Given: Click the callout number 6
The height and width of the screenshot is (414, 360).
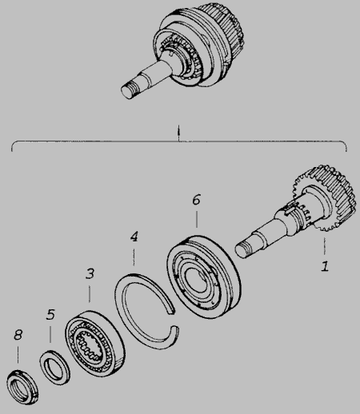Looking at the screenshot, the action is pyautogui.click(x=197, y=200).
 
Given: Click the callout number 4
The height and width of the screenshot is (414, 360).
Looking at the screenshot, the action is pyautogui.click(x=134, y=237).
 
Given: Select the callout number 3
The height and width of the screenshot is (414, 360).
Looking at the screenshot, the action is pyautogui.click(x=90, y=273).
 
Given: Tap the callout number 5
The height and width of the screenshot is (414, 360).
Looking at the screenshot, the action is pyautogui.click(x=50, y=314).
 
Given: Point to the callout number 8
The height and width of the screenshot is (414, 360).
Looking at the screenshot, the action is pyautogui.click(x=18, y=335).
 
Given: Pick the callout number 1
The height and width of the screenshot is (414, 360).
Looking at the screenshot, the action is pyautogui.click(x=325, y=266).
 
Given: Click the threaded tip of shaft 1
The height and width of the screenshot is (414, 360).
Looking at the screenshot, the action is pyautogui.click(x=243, y=249).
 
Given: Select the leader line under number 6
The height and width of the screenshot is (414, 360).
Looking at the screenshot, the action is pyautogui.click(x=197, y=219).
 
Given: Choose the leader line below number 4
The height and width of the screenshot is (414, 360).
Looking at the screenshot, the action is pyautogui.click(x=134, y=257).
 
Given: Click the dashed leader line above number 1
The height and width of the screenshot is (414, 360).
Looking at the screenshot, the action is pyautogui.click(x=325, y=246).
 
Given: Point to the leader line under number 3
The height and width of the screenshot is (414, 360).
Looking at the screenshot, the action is pyautogui.click(x=90, y=294).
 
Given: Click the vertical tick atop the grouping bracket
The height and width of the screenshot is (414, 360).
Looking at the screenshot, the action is pyautogui.click(x=178, y=133).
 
